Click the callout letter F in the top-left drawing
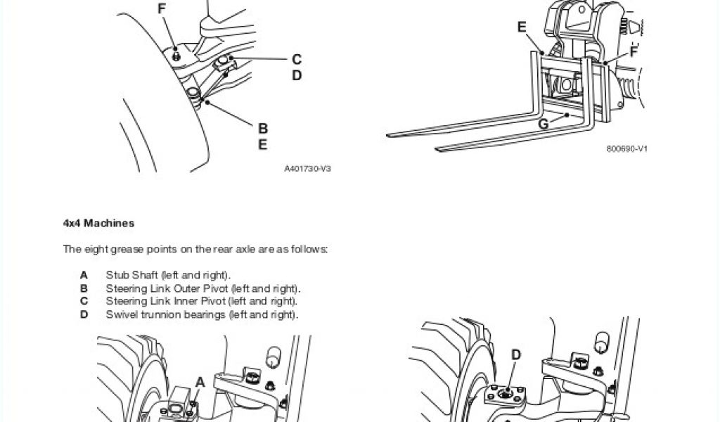point(162,9)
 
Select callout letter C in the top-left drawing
point(297,60)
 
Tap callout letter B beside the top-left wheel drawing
point(263,129)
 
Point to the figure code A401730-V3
point(307,169)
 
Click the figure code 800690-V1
point(626,149)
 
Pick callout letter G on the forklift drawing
point(543,124)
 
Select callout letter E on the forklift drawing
point(522,27)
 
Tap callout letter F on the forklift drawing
point(634,52)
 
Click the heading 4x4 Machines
point(98,224)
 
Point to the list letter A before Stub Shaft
point(84,275)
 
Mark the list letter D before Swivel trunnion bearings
point(84,314)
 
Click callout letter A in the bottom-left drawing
point(200,382)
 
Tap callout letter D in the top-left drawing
point(297,75)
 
